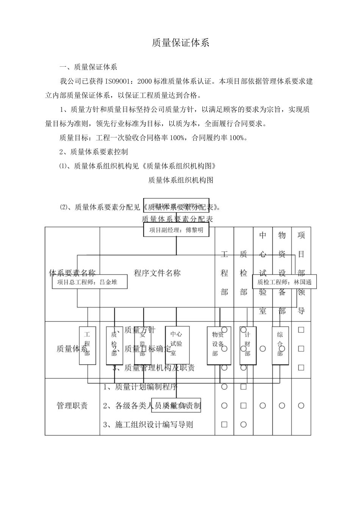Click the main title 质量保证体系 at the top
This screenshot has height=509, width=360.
click(180, 43)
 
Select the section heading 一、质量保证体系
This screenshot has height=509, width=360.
click(88, 67)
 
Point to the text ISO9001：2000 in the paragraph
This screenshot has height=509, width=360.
click(112, 81)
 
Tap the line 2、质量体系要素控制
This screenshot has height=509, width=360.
click(94, 152)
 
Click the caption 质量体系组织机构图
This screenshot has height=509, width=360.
click(180, 180)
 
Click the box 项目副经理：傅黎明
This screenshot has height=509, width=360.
click(176, 230)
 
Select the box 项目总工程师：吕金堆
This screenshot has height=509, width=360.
click(89, 282)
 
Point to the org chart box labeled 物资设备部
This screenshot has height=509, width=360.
click(218, 344)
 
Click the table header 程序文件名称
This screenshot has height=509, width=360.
click(157, 273)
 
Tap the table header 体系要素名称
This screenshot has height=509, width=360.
click(72, 273)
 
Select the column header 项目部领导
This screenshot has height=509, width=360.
click(301, 273)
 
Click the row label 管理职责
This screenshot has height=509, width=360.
click(72, 406)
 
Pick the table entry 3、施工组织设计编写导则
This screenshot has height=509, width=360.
click(148, 425)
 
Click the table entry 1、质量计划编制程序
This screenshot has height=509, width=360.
click(140, 387)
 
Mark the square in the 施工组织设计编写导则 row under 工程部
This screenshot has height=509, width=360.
click(224, 425)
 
